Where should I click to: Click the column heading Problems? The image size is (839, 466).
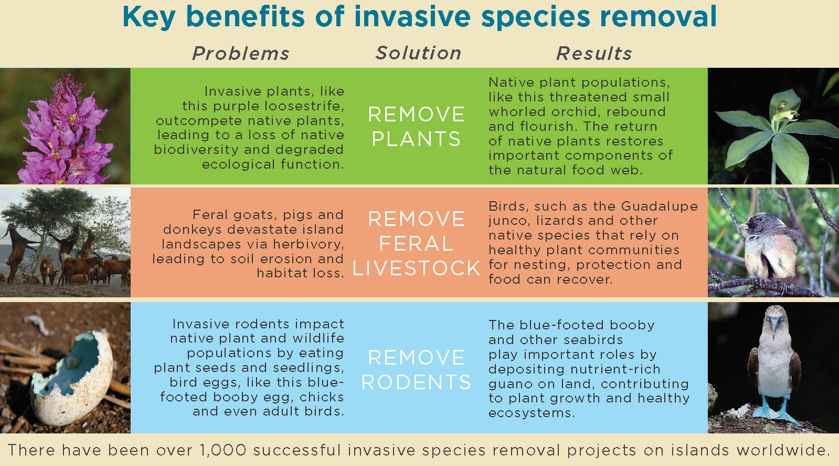[241, 53]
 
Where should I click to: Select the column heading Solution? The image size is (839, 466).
[418, 53]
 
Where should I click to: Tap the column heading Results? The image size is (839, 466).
[594, 53]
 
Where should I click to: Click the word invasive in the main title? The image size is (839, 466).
[412, 17]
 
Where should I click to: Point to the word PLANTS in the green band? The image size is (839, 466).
[416, 139]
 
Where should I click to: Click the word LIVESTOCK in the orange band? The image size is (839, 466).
[416, 268]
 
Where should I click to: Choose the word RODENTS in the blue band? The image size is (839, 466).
[416, 382]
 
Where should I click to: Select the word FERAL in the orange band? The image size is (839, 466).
[416, 244]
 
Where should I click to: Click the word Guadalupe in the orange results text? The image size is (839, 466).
[659, 206]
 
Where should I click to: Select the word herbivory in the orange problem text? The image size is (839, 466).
[308, 244]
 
